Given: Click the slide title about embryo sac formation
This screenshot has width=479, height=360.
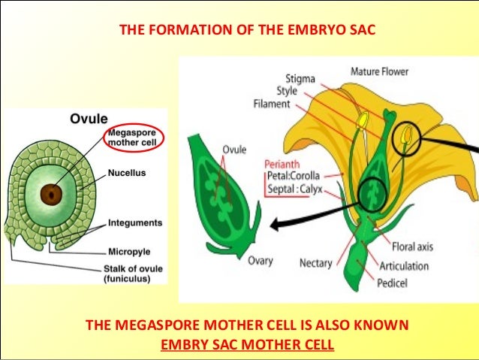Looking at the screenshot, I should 248,32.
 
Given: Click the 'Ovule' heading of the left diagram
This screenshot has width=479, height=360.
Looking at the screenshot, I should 88,119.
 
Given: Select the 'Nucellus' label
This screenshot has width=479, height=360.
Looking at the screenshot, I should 125,172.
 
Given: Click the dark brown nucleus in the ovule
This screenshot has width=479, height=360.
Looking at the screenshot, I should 51,193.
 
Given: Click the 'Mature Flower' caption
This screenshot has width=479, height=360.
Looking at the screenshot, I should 384,72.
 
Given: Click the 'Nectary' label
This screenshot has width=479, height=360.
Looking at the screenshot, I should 316,263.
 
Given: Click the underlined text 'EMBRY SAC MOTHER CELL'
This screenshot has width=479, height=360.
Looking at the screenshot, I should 248,345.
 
